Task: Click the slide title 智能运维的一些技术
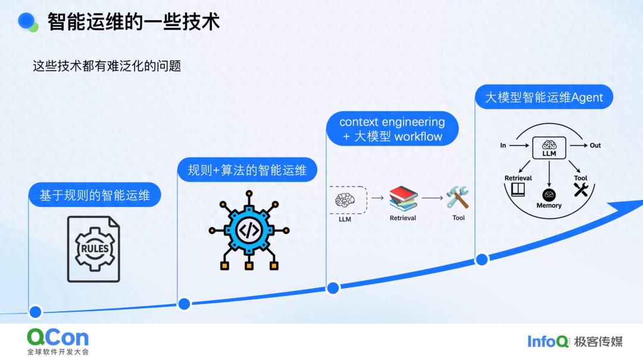(133, 22)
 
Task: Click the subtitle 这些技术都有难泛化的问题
(107, 66)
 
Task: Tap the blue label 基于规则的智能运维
(95, 195)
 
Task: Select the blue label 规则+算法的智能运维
(247, 171)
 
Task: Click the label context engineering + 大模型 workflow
(392, 129)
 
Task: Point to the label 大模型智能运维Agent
(544, 97)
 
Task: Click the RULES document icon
(93, 248)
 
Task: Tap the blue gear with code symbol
(249, 230)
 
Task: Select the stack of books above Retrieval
(403, 198)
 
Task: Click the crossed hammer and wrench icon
(458, 198)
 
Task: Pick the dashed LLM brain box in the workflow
(345, 200)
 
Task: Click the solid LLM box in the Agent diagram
(549, 147)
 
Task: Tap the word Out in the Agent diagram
(595, 145)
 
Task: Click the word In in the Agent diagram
(503, 145)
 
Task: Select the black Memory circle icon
(549, 195)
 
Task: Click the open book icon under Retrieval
(518, 190)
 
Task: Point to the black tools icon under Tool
(580, 190)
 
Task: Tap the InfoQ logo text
(548, 341)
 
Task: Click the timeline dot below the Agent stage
(482, 259)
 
